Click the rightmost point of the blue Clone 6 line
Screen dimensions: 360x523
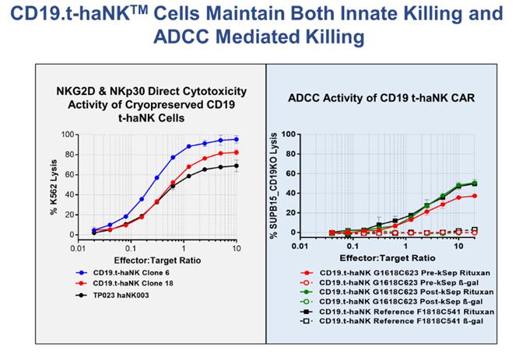(x=236, y=139)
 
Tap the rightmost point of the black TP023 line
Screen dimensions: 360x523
(x=236, y=165)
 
